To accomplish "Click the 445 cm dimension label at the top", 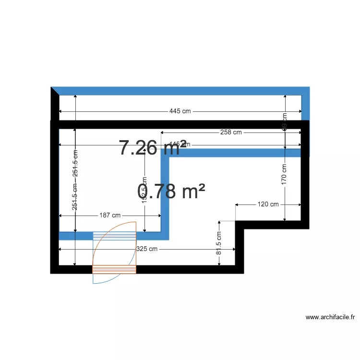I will tap(180, 111).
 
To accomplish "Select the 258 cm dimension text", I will tap(230, 132).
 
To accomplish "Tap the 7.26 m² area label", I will tap(152, 148).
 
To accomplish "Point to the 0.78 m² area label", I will tap(171, 192).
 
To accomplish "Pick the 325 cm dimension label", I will tap(147, 249).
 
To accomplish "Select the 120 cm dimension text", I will tap(268, 204).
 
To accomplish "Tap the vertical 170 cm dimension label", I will tap(285, 174).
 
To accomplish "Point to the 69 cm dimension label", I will tap(285, 121).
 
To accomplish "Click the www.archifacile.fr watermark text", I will tap(330, 317).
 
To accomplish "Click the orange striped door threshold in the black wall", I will tap(114, 269).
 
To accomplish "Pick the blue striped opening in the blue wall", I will tap(114, 236).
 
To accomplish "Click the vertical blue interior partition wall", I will tap(165, 197).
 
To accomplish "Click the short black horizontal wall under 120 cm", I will tap(271, 225).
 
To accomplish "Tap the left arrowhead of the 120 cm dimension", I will tap(237, 204).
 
